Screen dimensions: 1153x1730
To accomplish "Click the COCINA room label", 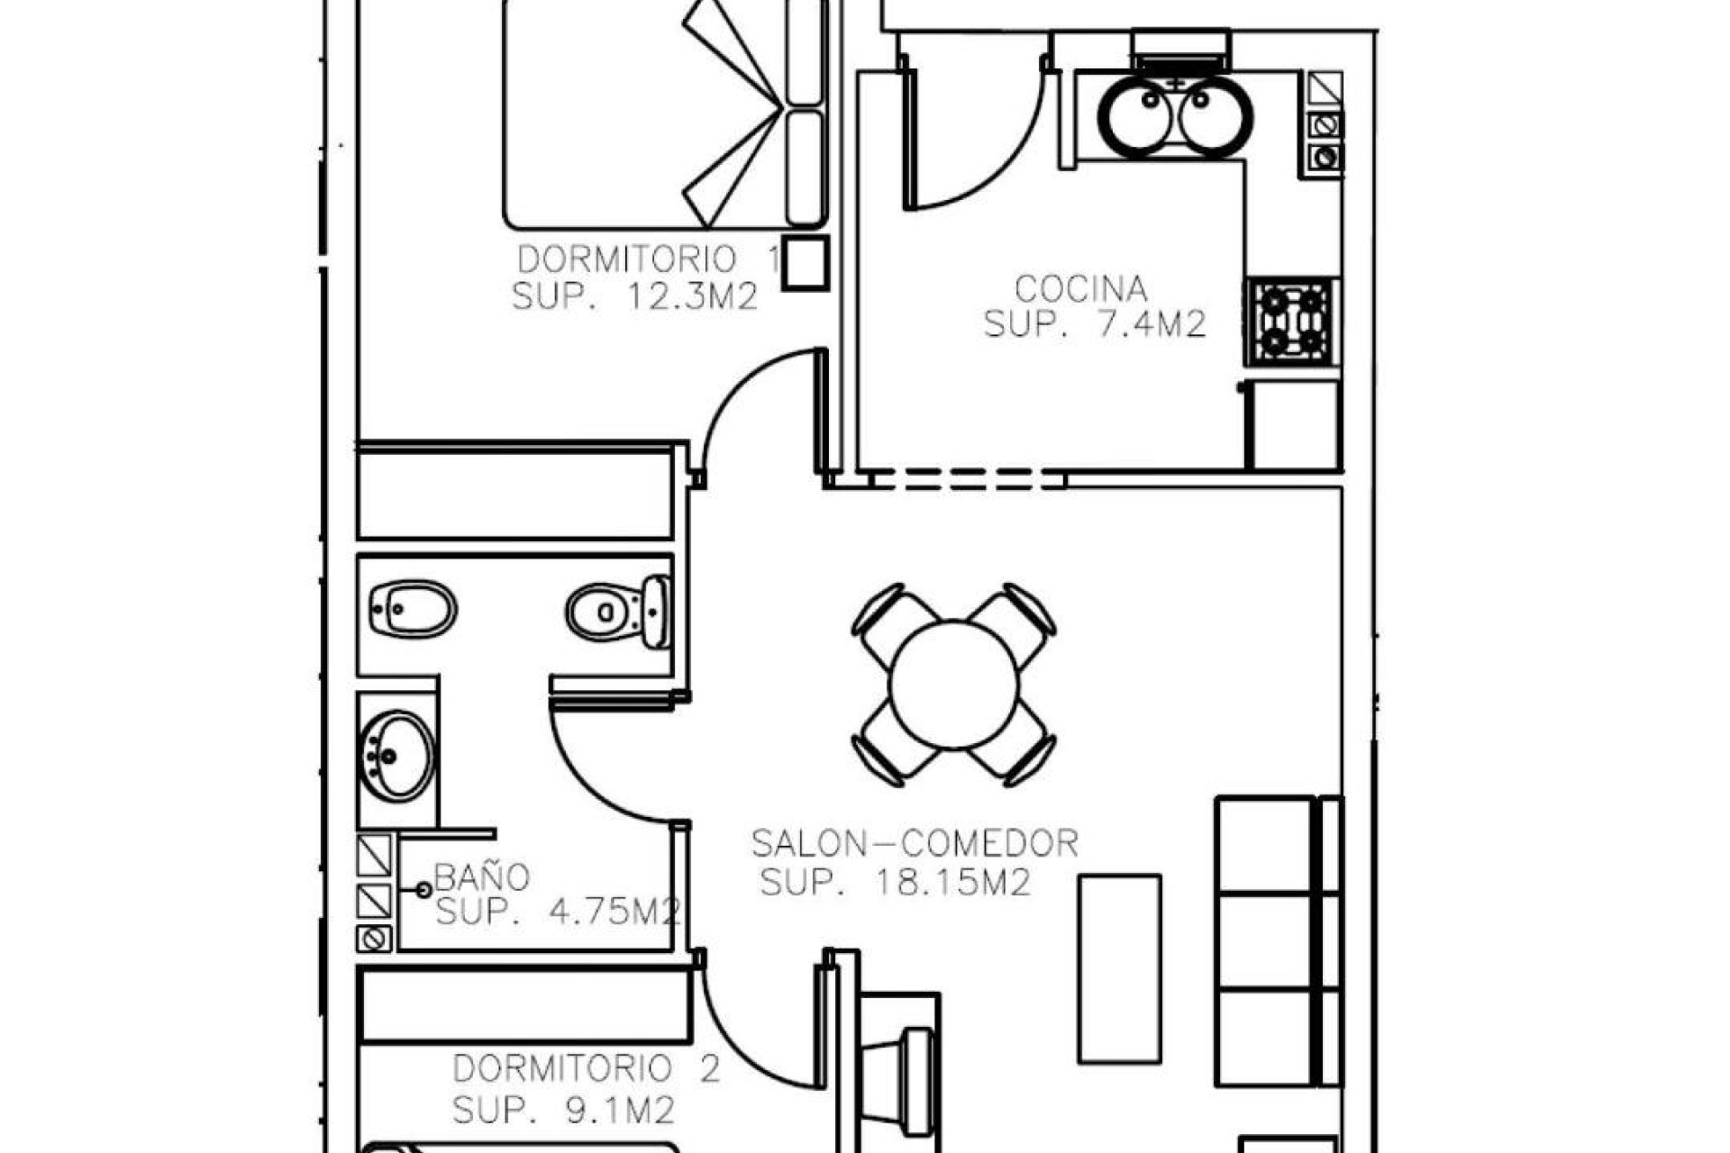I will (1080, 289).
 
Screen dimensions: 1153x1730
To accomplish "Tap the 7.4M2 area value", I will (1151, 324).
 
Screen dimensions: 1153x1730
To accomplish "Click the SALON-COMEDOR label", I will (915, 844).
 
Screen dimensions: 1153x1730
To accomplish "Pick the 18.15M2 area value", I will (952, 883).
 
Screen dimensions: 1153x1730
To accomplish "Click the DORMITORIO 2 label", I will (587, 1069).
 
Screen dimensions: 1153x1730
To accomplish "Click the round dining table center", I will (953, 685).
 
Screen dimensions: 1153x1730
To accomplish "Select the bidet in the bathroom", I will (413, 609).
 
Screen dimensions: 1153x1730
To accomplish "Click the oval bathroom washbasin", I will (397, 756).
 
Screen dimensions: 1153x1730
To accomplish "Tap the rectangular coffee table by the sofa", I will (1119, 968).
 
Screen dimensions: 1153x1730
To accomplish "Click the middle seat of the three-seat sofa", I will (1263, 940).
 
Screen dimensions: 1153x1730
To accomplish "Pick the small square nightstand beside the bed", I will (805, 262).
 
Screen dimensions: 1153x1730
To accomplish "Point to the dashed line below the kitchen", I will (969, 479).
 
